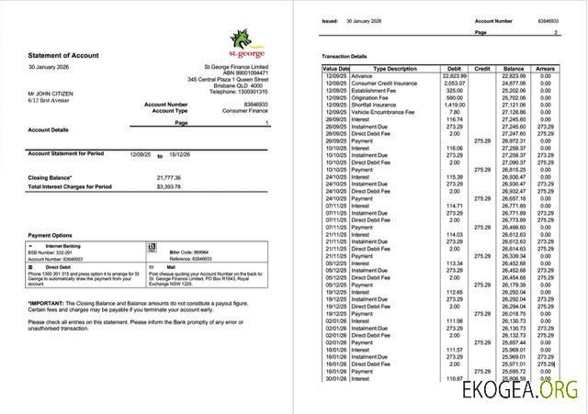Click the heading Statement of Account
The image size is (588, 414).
62,56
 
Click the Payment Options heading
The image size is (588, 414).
51,236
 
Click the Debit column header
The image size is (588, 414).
452,69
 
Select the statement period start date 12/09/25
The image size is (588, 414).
140,155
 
